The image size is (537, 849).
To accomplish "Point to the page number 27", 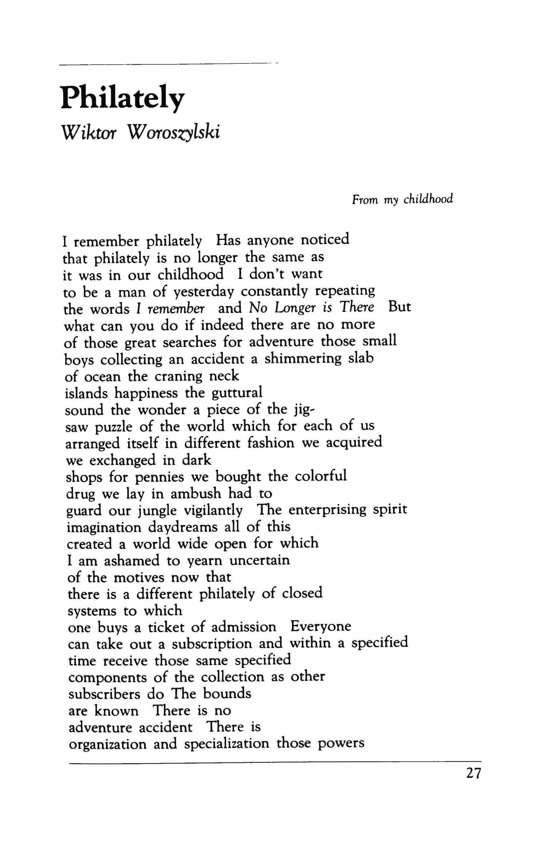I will click(x=473, y=774).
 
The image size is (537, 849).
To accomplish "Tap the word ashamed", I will click(x=129, y=560).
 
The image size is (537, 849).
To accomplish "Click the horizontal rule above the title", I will click(x=166, y=64).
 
